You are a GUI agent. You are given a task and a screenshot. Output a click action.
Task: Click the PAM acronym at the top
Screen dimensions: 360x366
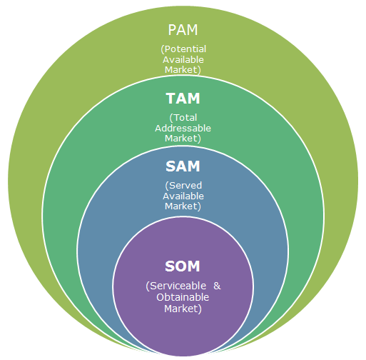click(x=183, y=31)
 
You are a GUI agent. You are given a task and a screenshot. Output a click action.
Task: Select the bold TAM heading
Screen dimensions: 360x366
click(x=183, y=99)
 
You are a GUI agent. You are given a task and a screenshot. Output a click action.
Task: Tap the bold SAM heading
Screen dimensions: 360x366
click(x=183, y=166)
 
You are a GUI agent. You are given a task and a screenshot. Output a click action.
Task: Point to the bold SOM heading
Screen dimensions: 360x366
click(x=183, y=267)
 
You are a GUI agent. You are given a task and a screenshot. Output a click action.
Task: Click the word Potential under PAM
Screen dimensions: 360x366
click(x=185, y=49)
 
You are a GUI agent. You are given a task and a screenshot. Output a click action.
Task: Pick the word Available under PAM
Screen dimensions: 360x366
click(x=183, y=60)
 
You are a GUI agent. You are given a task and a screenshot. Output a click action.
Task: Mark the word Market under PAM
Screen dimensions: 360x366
click(x=183, y=70)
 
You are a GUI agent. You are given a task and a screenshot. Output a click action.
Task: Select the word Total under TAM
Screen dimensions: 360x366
click(x=185, y=118)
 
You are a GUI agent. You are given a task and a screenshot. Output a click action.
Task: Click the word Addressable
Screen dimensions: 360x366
click(x=183, y=128)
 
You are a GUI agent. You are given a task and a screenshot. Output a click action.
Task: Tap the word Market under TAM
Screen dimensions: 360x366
click(x=183, y=139)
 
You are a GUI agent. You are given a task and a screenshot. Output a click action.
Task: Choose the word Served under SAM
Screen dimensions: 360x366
click(x=185, y=185)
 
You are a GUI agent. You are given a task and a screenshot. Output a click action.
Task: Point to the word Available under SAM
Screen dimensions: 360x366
click(x=183, y=196)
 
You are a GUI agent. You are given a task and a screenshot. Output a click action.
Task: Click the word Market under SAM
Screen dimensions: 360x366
click(x=183, y=206)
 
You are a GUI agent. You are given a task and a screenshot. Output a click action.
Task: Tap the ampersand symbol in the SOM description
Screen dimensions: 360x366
click(x=218, y=286)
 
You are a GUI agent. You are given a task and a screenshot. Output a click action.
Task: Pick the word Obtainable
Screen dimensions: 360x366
click(x=183, y=297)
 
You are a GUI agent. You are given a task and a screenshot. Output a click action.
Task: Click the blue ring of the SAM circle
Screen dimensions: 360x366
click(x=100, y=236)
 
